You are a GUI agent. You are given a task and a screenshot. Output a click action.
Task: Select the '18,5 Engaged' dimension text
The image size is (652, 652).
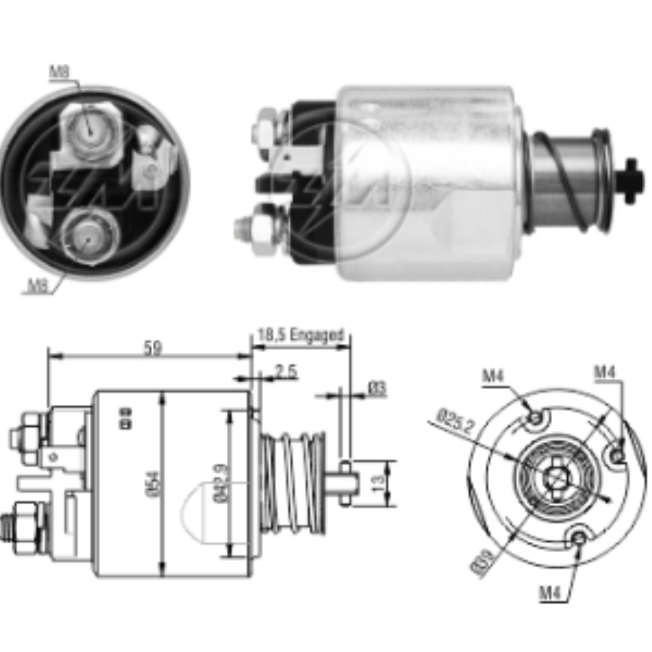click(301, 335)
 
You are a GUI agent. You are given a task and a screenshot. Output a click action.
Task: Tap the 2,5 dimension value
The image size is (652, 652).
click(287, 372)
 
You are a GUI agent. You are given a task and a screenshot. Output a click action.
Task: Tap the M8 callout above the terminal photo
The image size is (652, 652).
click(59, 73)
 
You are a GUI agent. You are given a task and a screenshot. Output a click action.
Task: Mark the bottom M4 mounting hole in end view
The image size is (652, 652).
click(579, 538)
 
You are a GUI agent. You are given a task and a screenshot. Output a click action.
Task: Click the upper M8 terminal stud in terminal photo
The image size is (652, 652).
click(90, 131)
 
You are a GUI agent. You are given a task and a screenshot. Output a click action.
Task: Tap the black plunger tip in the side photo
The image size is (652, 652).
click(630, 181)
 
